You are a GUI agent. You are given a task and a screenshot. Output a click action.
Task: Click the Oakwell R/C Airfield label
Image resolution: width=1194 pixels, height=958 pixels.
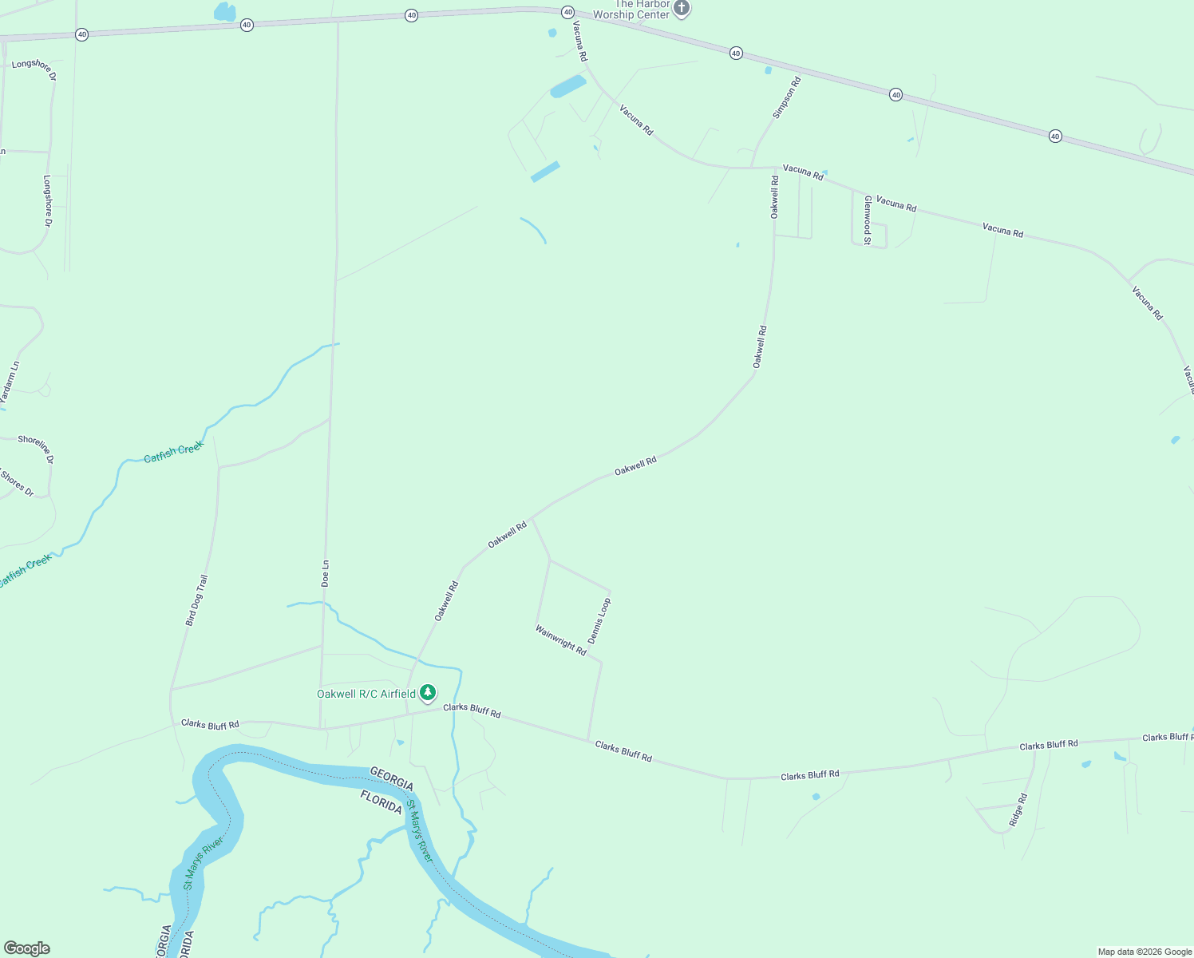[x=366, y=694]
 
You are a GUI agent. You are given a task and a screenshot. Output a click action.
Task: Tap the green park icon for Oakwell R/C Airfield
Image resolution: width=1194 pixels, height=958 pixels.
[x=429, y=692]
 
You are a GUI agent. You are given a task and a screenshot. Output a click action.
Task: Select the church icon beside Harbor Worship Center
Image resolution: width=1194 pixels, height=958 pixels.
[x=681, y=9]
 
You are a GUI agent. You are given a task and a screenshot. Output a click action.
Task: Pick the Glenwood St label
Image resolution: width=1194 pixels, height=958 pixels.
[x=867, y=220]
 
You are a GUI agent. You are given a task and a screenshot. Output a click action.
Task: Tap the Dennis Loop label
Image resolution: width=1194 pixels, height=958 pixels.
[x=599, y=620]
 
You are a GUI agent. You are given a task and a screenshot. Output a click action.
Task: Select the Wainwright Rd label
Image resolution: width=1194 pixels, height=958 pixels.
[x=560, y=640]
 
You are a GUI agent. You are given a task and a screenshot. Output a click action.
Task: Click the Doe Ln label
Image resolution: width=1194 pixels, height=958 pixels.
[x=325, y=573]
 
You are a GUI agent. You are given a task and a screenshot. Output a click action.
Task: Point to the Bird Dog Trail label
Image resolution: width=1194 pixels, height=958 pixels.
[x=196, y=600]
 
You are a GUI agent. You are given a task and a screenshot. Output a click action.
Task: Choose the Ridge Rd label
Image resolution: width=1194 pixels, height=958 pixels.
[x=1018, y=809]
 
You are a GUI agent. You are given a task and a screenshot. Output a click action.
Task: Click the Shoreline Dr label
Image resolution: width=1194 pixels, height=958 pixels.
[x=36, y=449]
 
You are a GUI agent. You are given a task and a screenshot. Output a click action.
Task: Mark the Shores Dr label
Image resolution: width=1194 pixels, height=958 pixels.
[x=17, y=483]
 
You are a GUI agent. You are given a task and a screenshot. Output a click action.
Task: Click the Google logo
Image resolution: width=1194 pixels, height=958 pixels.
[x=26, y=948]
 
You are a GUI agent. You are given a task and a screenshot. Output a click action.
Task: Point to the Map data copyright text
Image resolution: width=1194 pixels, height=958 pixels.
[x=1144, y=952]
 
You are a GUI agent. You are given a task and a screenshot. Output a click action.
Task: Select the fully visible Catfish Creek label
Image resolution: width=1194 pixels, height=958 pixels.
[x=174, y=452]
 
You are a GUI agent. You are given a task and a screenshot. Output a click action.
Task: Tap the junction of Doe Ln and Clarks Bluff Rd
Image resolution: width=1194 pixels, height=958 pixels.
[x=321, y=728]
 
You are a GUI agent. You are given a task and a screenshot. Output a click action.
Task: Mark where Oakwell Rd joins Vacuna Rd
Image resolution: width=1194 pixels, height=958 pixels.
[x=776, y=168]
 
